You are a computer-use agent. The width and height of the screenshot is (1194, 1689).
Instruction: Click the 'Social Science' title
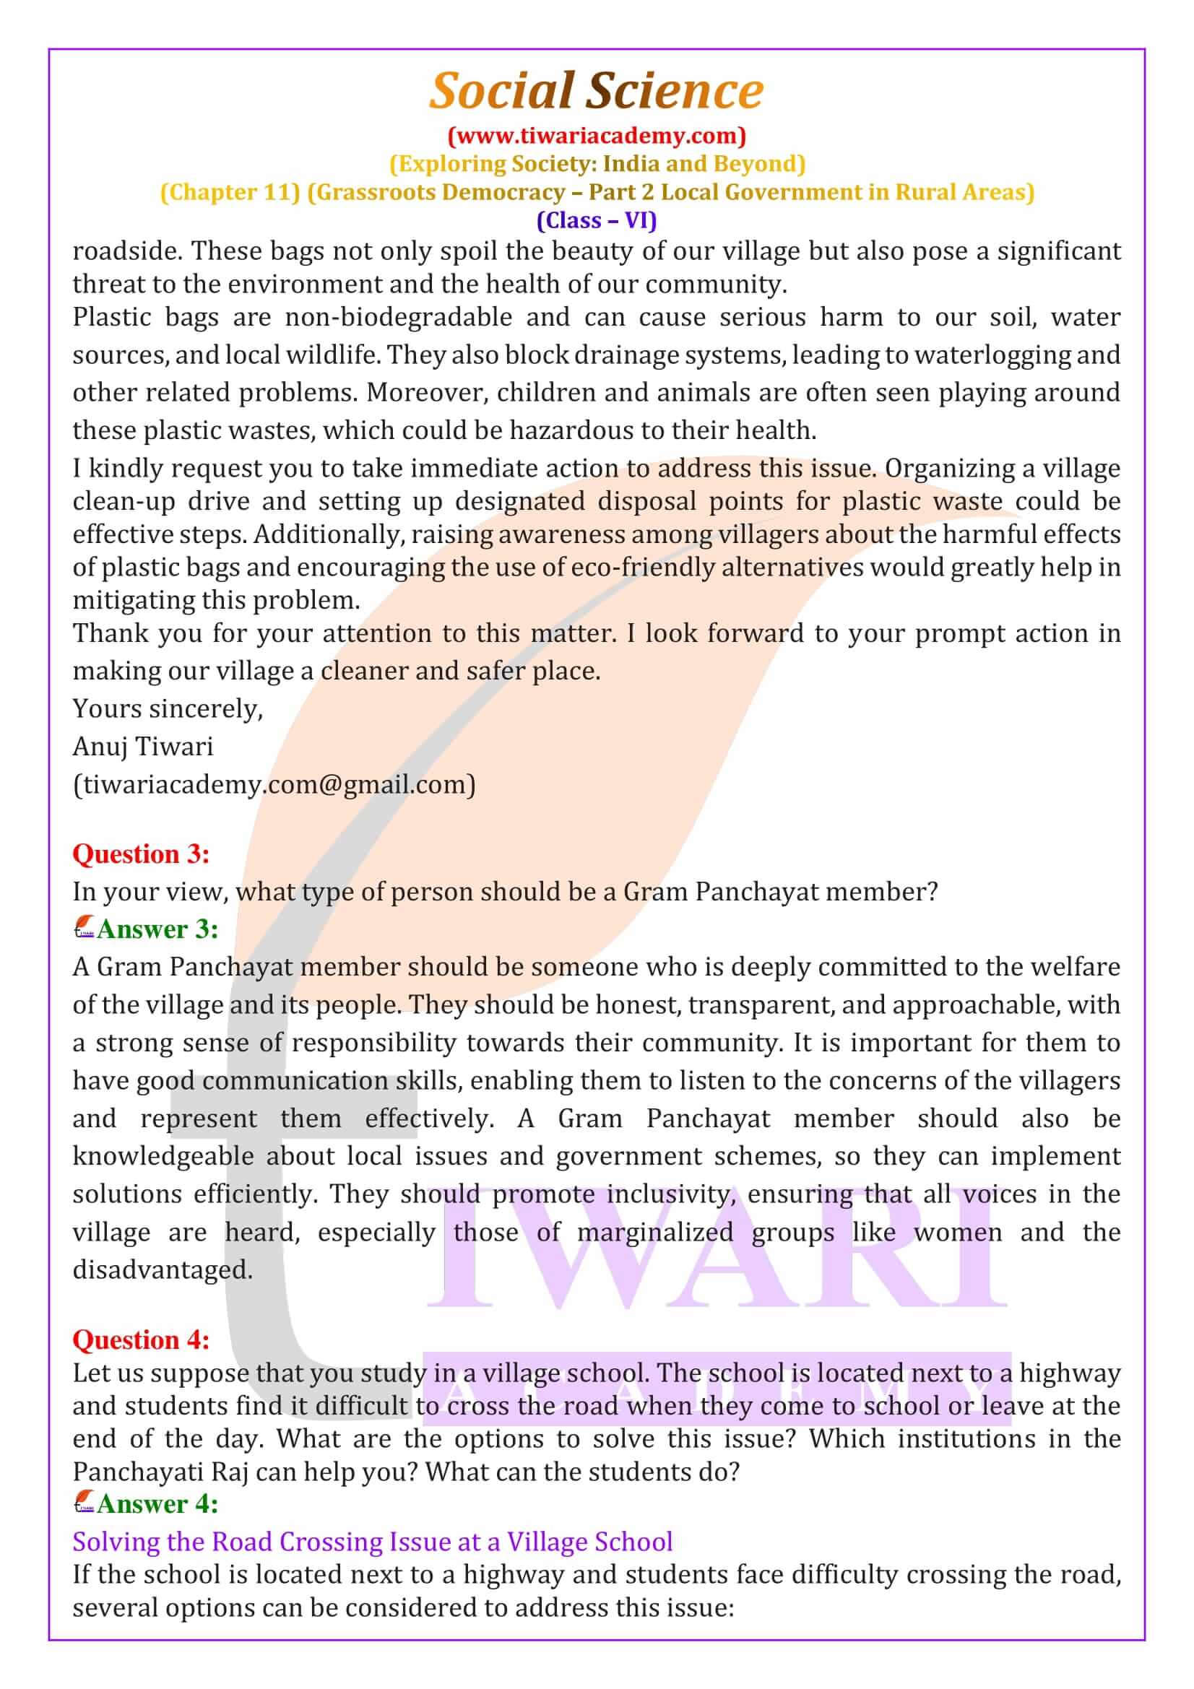pyautogui.click(x=597, y=91)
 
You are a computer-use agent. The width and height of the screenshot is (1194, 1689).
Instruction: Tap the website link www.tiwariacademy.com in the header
pyautogui.click(x=597, y=135)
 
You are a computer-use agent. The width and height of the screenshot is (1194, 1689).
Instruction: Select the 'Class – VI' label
pyautogui.click(x=597, y=220)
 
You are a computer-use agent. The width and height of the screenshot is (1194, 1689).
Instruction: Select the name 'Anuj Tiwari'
pyautogui.click(x=143, y=747)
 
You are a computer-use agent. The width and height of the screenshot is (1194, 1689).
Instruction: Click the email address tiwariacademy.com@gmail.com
pyautogui.click(x=274, y=785)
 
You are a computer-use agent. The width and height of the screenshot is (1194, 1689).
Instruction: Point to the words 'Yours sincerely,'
pyautogui.click(x=168, y=708)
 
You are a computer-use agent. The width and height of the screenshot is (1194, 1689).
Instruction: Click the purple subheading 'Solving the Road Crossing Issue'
pyautogui.click(x=372, y=1541)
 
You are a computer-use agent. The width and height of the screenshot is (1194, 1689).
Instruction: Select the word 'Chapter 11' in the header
pyautogui.click(x=230, y=192)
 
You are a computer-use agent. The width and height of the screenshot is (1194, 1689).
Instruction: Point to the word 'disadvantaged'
pyautogui.click(x=162, y=1269)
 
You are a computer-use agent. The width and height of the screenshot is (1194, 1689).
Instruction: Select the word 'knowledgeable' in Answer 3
pyautogui.click(x=163, y=1156)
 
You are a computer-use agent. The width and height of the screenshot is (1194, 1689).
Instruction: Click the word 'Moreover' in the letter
pyautogui.click(x=428, y=393)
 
